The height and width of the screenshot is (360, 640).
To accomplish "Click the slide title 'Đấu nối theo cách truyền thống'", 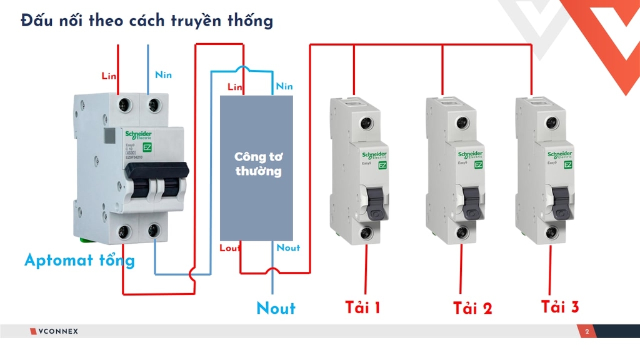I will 147,21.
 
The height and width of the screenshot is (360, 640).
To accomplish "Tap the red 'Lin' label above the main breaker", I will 110,76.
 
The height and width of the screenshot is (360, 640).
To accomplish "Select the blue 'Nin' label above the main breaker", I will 163,75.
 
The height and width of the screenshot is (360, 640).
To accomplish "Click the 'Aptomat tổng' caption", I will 79,260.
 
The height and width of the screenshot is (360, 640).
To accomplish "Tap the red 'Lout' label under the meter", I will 231,248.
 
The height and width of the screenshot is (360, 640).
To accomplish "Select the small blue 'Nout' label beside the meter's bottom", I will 288,248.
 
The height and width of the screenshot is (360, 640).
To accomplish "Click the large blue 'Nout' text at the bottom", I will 276,308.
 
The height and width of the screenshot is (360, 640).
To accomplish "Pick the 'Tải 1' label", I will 363,307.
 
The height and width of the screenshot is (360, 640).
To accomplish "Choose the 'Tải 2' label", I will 472,308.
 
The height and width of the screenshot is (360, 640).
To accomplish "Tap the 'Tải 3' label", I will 560,307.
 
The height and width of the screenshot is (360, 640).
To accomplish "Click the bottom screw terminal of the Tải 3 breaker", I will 552,233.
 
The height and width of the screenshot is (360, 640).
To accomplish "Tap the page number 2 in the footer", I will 587,331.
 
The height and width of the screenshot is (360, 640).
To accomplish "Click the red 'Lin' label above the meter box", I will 236,86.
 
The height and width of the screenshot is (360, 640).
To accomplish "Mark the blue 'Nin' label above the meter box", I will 284,86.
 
